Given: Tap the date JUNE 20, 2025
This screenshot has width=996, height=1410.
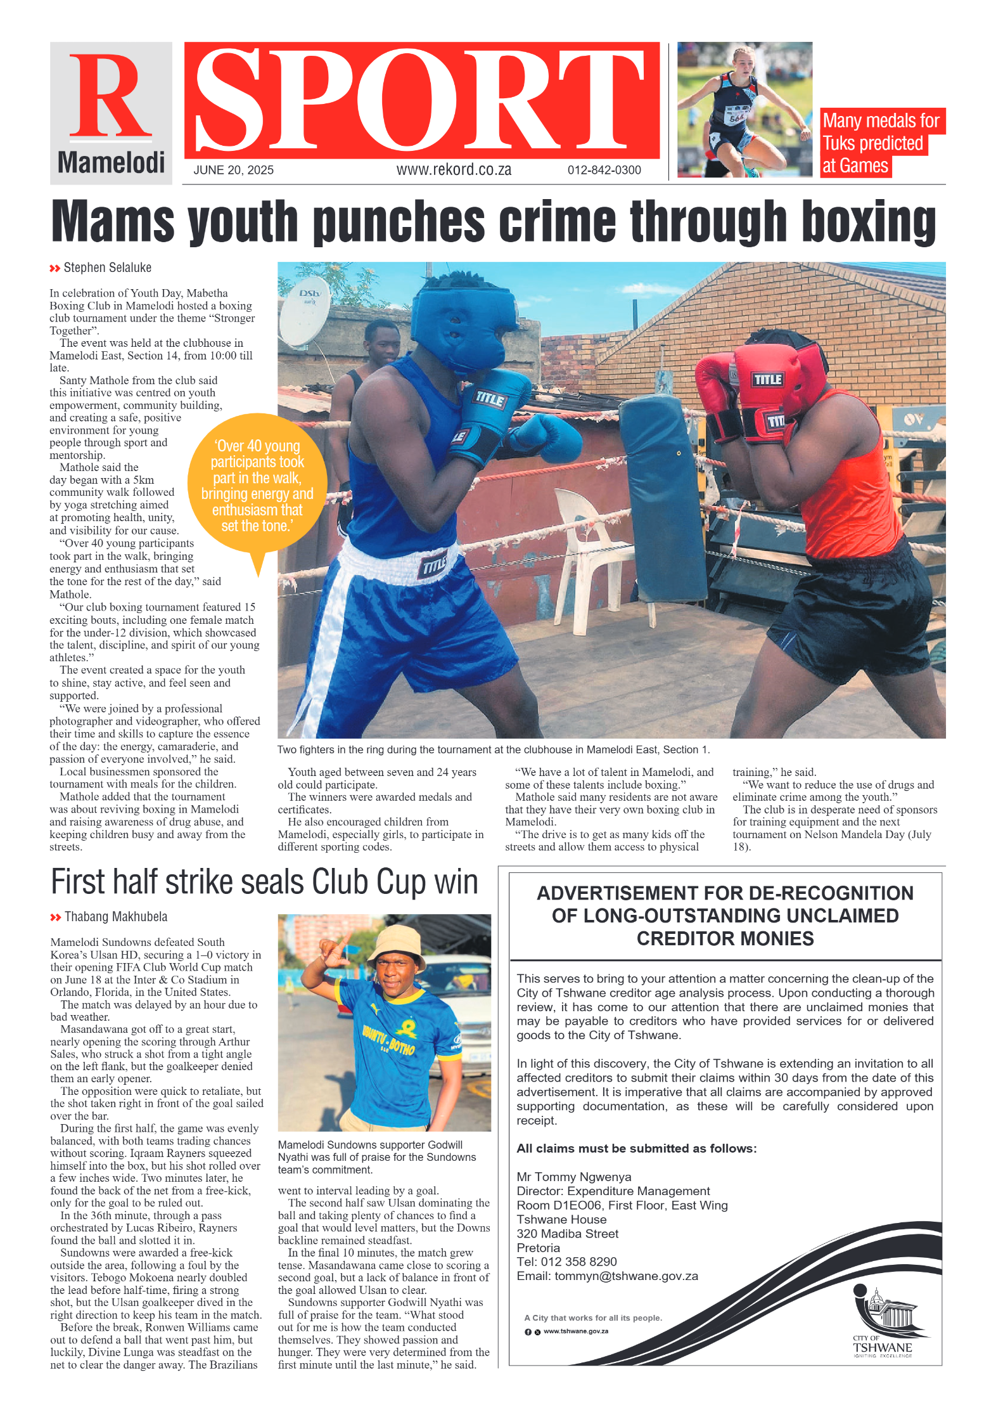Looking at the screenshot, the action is tap(233, 170).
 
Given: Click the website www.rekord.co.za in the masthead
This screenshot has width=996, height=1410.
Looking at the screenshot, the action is tap(454, 170).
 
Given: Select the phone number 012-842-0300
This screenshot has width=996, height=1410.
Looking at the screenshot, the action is tap(604, 170).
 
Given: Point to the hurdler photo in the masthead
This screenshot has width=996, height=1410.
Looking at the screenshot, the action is tap(744, 109).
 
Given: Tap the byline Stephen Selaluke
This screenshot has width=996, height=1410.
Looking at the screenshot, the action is tap(107, 268).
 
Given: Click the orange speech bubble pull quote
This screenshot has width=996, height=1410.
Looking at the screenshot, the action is tap(257, 486).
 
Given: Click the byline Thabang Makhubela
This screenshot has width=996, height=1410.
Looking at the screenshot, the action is tap(115, 917).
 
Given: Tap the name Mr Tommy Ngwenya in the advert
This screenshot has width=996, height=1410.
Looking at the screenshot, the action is tap(573, 1177).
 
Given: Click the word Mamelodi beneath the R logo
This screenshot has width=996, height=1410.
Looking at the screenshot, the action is tap(111, 163).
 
